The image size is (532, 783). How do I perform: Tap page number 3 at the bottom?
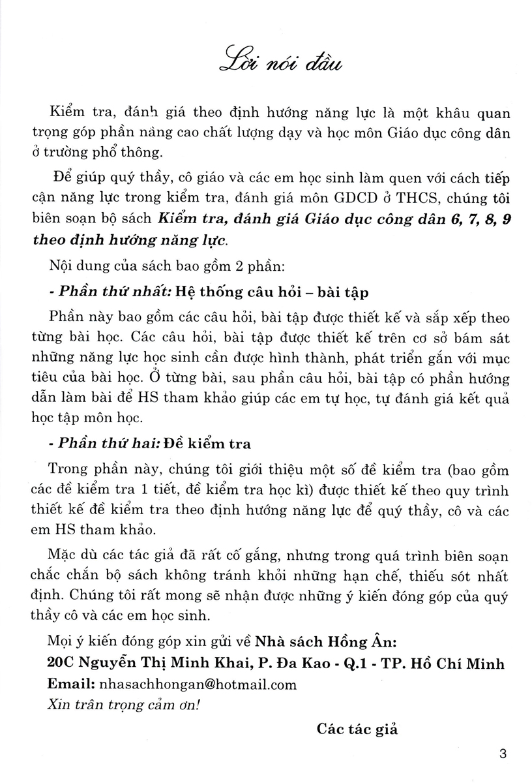(501, 755)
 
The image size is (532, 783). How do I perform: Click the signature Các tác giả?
(357, 729)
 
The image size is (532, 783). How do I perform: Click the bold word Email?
(70, 684)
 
